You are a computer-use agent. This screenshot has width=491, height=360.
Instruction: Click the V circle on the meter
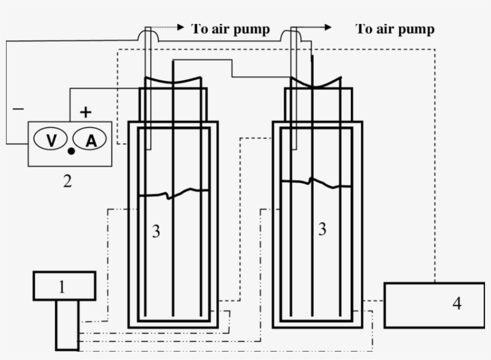pos(51,140)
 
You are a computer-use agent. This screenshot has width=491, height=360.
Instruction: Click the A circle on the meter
pos(90,140)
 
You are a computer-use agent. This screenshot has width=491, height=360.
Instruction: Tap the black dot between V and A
pos(71,151)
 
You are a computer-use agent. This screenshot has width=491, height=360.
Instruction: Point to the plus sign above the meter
pos(86,111)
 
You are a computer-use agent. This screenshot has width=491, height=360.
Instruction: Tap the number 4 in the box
pos(457,303)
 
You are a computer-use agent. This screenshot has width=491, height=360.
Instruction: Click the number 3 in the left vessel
pos(156,231)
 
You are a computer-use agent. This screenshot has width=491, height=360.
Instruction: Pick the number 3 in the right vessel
pos(322,229)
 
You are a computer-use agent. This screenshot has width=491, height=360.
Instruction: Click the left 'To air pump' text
pos(231,28)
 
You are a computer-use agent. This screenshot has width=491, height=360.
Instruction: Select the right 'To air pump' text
pos(395,28)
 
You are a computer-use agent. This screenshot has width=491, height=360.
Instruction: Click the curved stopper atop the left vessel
pos(173,81)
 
